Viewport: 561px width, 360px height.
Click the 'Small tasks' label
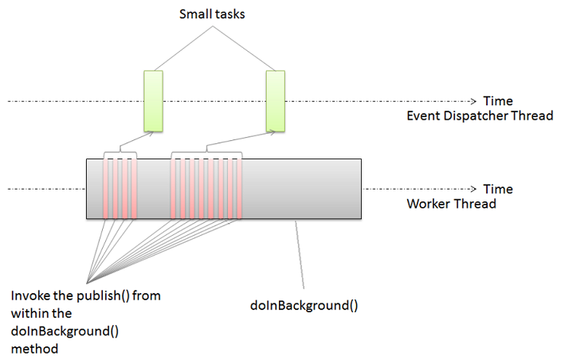point(213,14)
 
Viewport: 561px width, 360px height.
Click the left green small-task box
point(153,100)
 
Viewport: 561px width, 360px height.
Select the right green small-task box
point(275,100)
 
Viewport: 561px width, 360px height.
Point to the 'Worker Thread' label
point(451,203)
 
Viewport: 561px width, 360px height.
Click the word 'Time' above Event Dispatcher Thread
point(498,101)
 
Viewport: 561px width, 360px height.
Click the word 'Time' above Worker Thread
point(498,189)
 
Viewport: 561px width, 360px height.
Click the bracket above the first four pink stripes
point(120,153)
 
